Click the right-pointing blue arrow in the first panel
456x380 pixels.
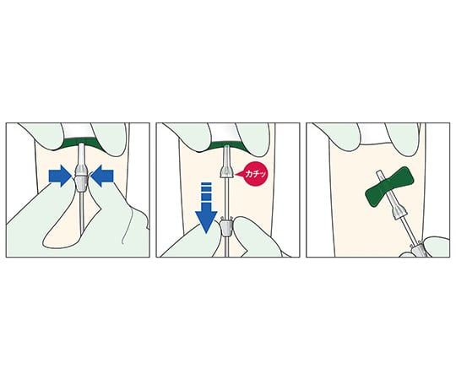pos(61,176)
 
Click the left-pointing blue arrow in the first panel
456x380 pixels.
pos(101,176)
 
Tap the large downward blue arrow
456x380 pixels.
pos(206,214)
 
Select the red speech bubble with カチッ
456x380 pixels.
pos(254,174)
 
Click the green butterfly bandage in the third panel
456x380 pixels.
pos(389,187)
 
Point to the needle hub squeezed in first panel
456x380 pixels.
pos(81,179)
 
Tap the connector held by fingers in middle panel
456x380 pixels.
pos(226,227)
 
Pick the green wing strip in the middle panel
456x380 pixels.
pos(226,144)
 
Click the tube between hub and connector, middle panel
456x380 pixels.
pos(226,198)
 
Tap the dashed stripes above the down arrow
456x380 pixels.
pos(206,192)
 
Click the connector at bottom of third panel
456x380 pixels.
pos(418,249)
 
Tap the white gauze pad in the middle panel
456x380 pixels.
pos(225,133)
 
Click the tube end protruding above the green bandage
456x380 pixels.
pos(379,176)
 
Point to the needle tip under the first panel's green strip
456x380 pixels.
pos(81,145)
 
